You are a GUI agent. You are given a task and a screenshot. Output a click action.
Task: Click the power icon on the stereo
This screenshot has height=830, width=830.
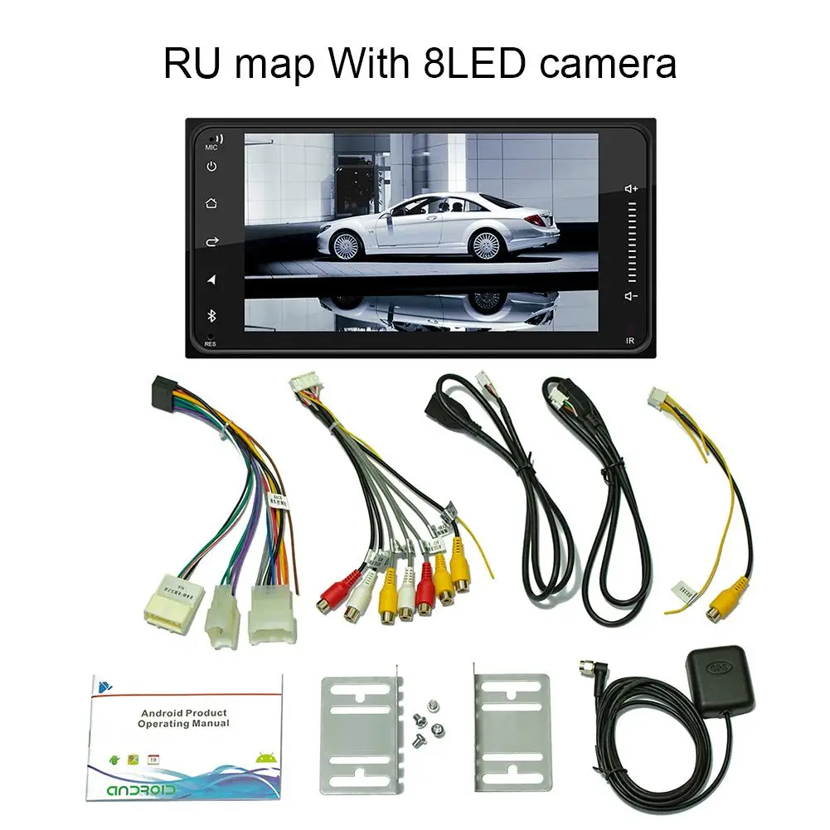tap(211, 166)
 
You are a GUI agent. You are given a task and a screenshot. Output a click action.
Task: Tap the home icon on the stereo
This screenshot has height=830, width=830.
tap(211, 203)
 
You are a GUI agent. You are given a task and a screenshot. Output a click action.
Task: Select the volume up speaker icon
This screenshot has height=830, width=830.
tap(631, 189)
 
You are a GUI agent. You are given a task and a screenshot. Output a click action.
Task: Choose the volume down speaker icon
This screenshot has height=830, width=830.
tap(631, 296)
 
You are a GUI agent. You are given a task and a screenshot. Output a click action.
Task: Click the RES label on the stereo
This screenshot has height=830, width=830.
tap(210, 342)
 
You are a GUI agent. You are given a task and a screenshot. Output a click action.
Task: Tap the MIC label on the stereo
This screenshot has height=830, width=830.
tap(211, 147)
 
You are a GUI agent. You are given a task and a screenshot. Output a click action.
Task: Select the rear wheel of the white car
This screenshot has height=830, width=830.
tap(485, 243)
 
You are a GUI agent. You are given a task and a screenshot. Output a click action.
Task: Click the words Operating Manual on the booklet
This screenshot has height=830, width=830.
tap(183, 724)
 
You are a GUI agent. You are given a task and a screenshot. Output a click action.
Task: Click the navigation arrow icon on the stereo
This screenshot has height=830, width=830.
tap(211, 279)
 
